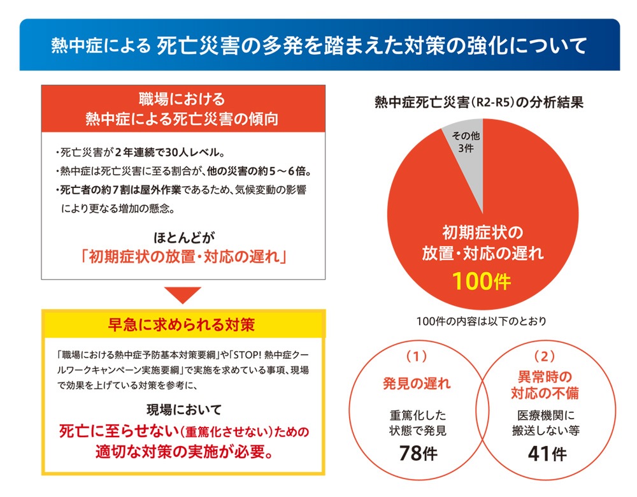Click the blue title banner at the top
318,45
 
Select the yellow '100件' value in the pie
482,280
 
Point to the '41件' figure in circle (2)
547,454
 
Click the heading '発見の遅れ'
417,384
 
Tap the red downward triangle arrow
183,295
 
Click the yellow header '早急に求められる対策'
183,324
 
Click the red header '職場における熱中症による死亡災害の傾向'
182,109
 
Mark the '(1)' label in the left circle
417,355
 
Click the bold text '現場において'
183,410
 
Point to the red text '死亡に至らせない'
115,431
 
